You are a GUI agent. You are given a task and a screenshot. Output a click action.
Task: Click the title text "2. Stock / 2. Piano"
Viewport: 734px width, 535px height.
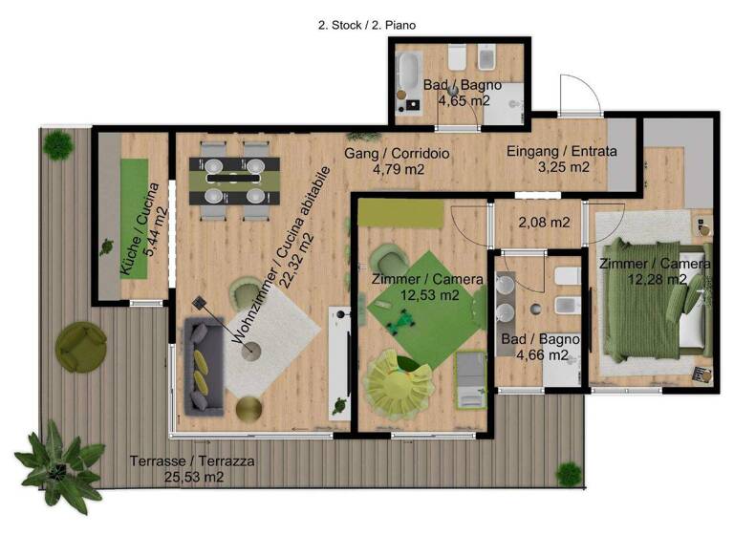pyautogui.click(x=366, y=26)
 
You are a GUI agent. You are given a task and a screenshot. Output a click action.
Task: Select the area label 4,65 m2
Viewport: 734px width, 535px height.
pyautogui.click(x=464, y=99)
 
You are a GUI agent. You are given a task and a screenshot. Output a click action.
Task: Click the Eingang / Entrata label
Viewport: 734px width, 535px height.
pyautogui.click(x=561, y=151)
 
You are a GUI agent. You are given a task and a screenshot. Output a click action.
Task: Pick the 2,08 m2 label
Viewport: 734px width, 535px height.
pyautogui.click(x=543, y=223)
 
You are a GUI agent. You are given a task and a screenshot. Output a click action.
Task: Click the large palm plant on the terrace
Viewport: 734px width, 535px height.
pyautogui.click(x=59, y=465)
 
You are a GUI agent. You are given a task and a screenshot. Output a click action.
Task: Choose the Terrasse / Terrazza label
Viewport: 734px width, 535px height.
pyautogui.click(x=194, y=461)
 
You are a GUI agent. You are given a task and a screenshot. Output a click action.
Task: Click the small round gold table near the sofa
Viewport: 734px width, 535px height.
pyautogui.click(x=248, y=410)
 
